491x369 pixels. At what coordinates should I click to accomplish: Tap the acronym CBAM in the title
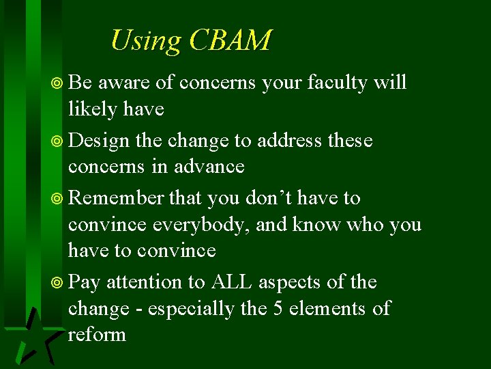click(x=230, y=40)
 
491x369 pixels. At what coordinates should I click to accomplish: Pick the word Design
click(x=99, y=141)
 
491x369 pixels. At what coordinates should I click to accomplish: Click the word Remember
click(x=117, y=197)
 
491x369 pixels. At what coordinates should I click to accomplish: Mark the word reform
click(x=97, y=334)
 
